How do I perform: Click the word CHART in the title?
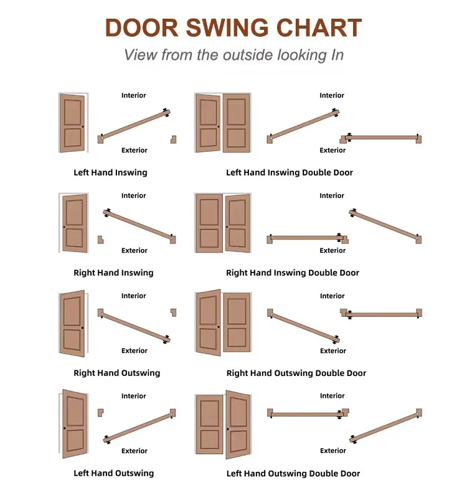click(319, 27)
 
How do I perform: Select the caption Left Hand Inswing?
click(110, 172)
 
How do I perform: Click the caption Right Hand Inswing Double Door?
click(293, 273)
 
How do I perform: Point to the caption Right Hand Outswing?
click(117, 373)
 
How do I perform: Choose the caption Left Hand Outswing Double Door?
click(293, 474)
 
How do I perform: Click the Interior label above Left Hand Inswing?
click(133, 95)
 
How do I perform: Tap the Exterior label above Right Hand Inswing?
click(134, 250)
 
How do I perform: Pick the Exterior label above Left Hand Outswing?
click(134, 451)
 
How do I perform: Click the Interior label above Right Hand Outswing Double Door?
click(333, 296)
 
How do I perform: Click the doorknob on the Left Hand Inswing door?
click(82, 127)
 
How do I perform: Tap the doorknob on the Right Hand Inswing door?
click(64, 227)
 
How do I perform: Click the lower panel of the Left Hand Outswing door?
click(75, 441)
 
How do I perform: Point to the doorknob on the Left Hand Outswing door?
click(65, 428)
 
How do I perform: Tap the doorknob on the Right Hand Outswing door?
click(82, 327)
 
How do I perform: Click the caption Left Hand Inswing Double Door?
click(289, 172)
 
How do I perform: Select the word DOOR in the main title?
click(141, 27)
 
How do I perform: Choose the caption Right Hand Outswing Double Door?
click(296, 373)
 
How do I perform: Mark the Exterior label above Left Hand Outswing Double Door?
click(333, 451)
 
